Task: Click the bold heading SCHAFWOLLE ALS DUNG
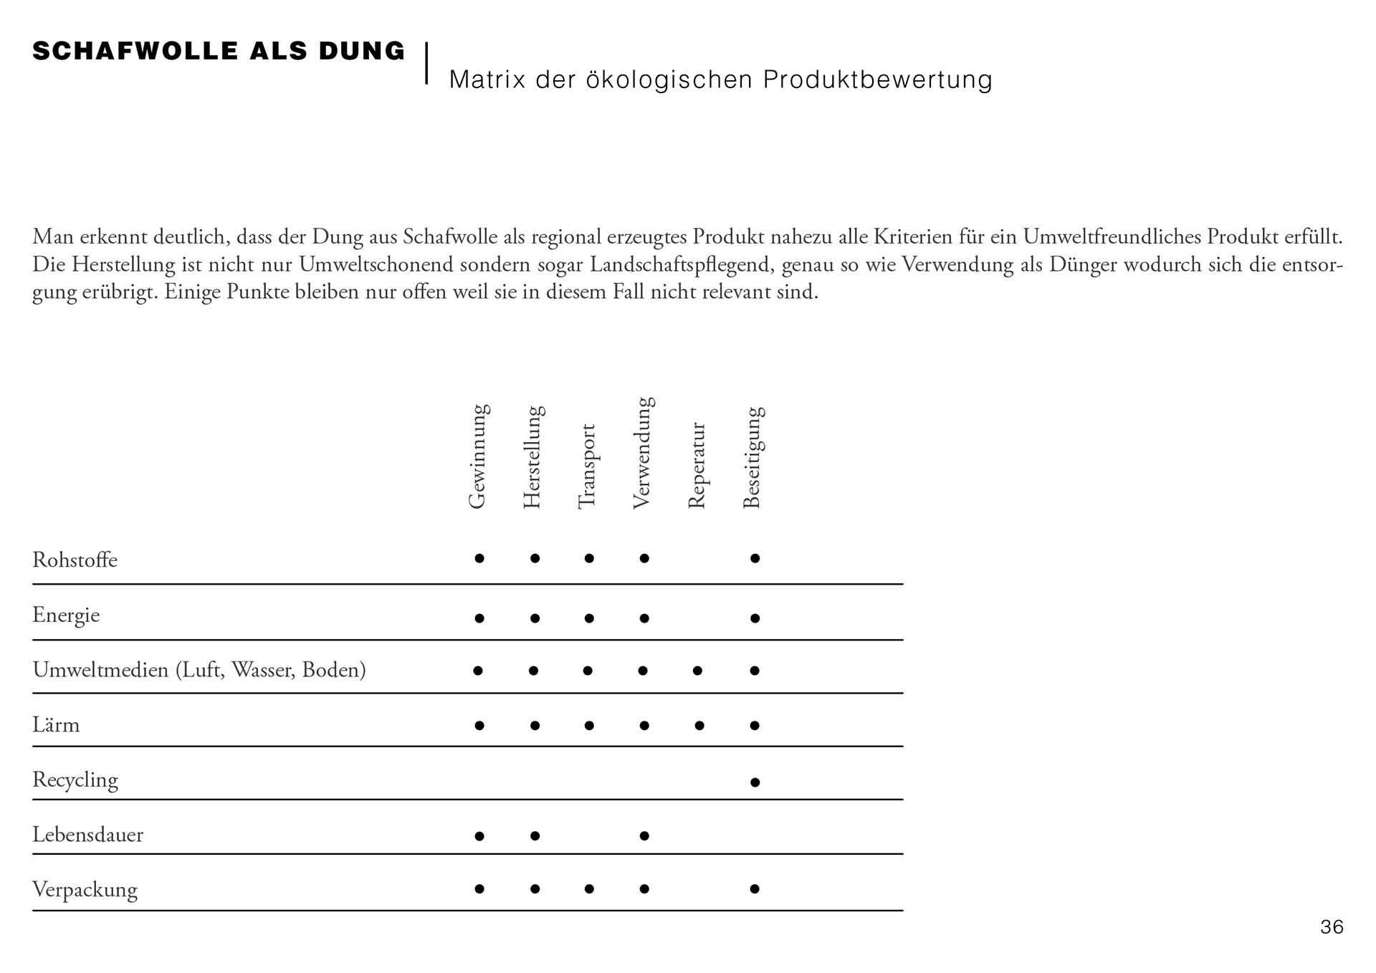tap(219, 52)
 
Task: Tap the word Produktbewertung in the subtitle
tap(877, 80)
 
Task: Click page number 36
tap(1332, 927)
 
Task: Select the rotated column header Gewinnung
tap(478, 456)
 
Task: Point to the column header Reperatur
tap(697, 466)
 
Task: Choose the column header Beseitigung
tap(752, 458)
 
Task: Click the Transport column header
tap(587, 466)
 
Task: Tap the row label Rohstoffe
tap(75, 560)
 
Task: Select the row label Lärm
tap(56, 725)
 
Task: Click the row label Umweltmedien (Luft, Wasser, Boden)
tap(199, 670)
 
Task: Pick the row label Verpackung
tap(85, 890)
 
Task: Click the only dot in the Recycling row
tap(755, 782)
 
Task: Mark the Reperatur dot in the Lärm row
tap(699, 726)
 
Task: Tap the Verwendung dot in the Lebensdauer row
tap(644, 835)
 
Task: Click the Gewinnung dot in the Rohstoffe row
tap(479, 558)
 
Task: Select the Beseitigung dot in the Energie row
tap(755, 618)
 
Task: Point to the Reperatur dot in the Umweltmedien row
tap(697, 671)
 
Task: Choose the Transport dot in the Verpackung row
tap(589, 889)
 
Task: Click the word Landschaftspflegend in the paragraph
tap(682, 265)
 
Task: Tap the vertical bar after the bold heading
tap(426, 63)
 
